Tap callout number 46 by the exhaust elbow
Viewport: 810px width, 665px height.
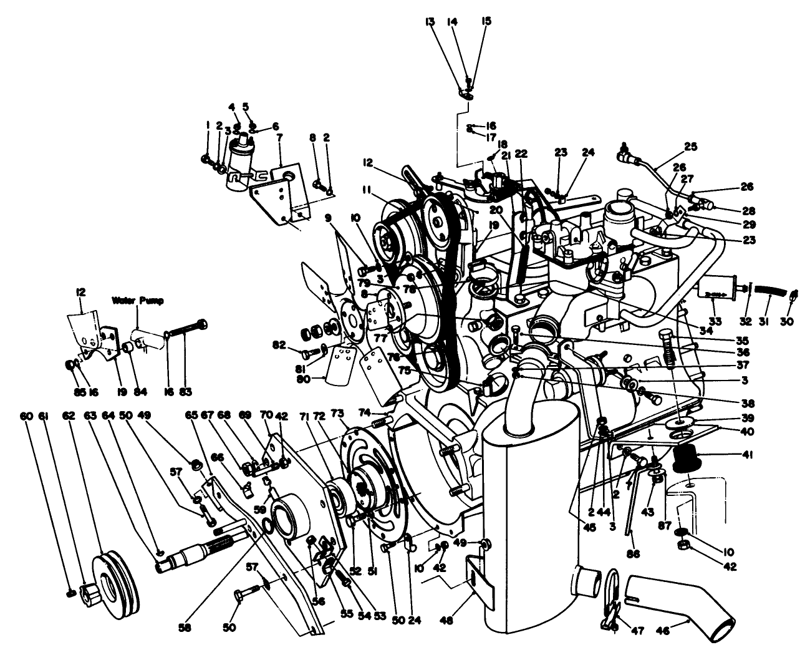pyautogui.click(x=662, y=631)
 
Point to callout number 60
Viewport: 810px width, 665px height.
pyautogui.click(x=26, y=415)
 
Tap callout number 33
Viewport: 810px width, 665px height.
pyautogui.click(x=715, y=322)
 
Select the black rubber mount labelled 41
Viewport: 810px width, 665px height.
pyautogui.click(x=688, y=462)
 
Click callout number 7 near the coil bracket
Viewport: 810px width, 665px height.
pyautogui.click(x=279, y=136)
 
